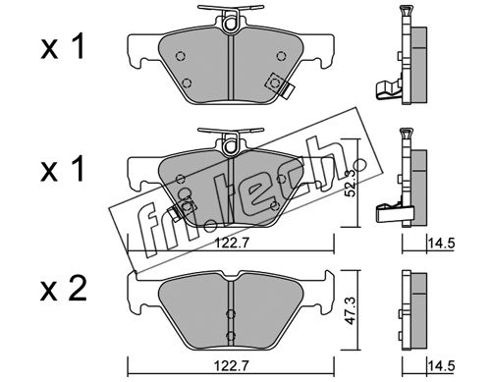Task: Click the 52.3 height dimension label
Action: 351,185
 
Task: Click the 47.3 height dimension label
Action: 351,310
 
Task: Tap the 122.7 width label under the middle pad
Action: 232,243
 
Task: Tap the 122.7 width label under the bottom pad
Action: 232,365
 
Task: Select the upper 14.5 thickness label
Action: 442,243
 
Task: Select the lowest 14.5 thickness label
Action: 442,365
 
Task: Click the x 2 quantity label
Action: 64,289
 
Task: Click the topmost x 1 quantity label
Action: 62,47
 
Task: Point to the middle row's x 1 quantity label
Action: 62,169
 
